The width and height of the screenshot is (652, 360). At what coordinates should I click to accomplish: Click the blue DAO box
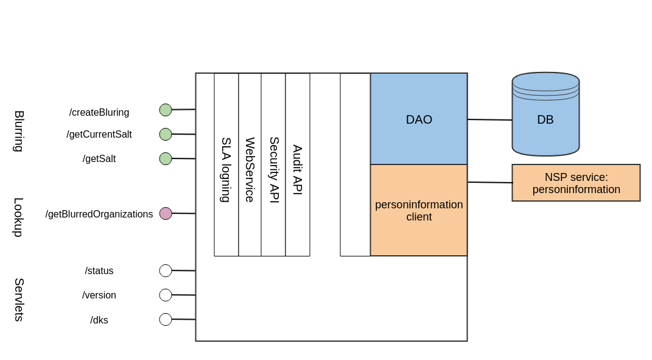tap(419, 119)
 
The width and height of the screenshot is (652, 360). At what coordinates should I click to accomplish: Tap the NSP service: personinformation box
tap(576, 183)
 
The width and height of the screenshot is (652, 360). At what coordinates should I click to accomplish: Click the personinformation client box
tap(419, 210)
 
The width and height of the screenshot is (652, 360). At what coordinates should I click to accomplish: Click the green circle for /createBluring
tap(166, 110)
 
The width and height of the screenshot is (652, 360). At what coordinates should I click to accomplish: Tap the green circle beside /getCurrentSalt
tap(166, 134)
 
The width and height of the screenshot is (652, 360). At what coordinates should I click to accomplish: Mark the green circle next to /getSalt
tap(166, 158)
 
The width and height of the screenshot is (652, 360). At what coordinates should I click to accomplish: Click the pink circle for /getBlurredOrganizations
tap(166, 213)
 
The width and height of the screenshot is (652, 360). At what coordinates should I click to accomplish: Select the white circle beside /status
tap(166, 270)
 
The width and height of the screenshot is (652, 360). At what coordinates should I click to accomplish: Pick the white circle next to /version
tap(166, 295)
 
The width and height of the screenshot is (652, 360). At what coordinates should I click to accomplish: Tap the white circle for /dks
tap(166, 319)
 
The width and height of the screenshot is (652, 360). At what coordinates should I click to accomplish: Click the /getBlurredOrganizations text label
tap(99, 214)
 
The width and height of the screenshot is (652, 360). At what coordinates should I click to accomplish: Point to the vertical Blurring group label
tap(19, 131)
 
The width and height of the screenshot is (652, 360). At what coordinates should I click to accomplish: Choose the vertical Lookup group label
tap(19, 217)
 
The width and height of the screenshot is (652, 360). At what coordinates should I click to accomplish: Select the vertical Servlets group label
tap(19, 300)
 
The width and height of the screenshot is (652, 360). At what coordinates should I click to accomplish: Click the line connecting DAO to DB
tap(489, 119)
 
